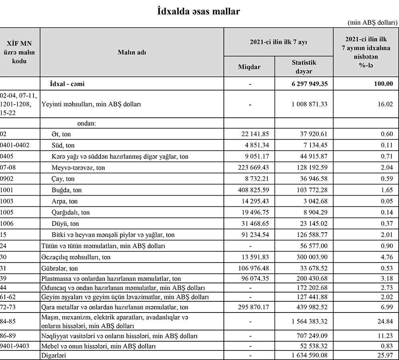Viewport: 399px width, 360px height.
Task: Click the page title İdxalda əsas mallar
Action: [x=199, y=11]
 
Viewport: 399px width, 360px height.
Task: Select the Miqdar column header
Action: [x=249, y=67]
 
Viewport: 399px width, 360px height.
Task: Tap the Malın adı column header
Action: [x=132, y=52]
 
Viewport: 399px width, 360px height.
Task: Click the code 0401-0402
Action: [x=15, y=145]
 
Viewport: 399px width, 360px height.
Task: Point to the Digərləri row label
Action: [x=54, y=354]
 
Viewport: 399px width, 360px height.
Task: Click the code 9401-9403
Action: [x=15, y=346]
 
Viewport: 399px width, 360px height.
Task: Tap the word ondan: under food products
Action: [x=84, y=123]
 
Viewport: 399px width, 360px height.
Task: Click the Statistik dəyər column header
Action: [x=304, y=67]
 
